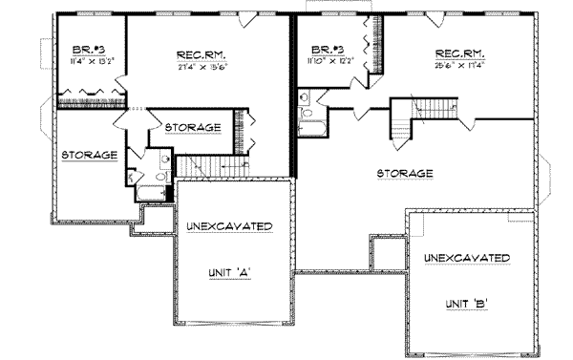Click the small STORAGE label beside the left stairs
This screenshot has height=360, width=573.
click(x=193, y=128)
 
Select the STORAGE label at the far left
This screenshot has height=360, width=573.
click(x=90, y=155)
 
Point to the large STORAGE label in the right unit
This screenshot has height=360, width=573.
click(x=405, y=174)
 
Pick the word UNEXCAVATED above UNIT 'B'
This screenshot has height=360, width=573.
click(x=466, y=258)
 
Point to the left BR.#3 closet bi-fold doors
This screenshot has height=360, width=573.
click(x=92, y=94)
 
